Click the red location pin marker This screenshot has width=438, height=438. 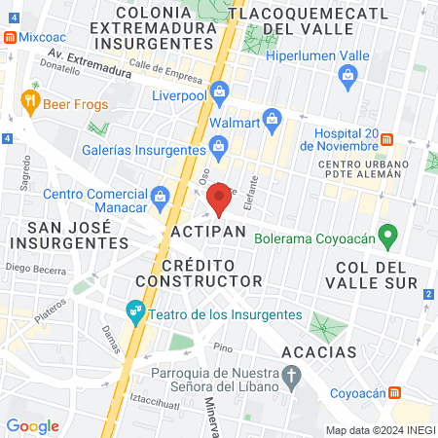click(220, 198)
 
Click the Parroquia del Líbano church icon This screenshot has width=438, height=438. click(290, 375)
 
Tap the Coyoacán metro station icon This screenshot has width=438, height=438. click(395, 392)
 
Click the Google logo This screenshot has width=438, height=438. click(32, 425)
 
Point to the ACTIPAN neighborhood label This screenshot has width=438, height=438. click(204, 236)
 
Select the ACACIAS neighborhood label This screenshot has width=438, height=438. click(317, 351)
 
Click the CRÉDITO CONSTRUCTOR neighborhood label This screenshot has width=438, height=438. click(211, 273)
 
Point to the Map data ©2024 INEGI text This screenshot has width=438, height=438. click(379, 430)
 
